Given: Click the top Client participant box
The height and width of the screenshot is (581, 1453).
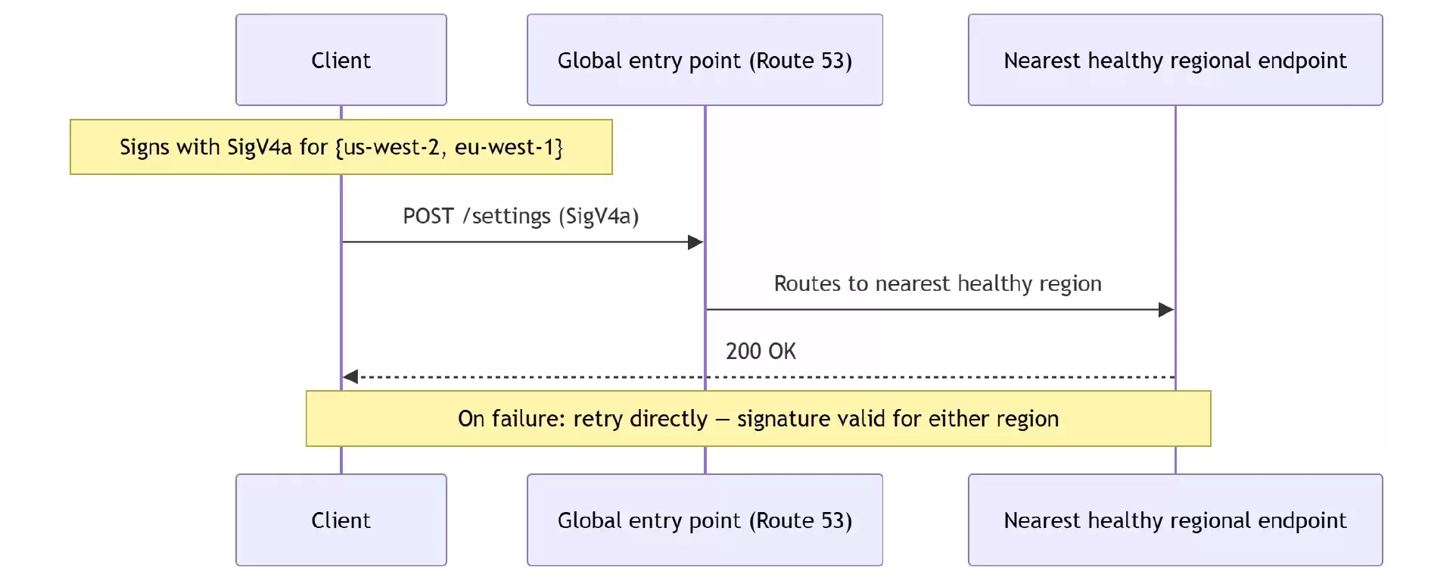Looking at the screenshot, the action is click(341, 60).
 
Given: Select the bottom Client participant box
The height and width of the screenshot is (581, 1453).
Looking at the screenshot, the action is click(341, 520).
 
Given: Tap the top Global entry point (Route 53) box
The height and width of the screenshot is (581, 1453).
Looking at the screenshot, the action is click(705, 60).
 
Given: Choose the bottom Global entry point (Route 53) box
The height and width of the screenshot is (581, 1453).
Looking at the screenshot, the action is click(705, 520).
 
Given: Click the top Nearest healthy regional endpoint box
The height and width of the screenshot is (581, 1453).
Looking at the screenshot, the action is click(1175, 60).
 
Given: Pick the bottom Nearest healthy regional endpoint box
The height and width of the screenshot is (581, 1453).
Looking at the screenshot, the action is click(1175, 520).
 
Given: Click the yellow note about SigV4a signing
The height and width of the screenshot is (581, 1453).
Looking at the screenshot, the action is click(341, 147).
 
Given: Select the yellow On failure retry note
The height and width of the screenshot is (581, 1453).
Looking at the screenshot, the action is click(758, 418).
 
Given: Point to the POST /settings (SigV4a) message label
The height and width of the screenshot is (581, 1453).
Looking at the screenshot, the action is click(521, 217).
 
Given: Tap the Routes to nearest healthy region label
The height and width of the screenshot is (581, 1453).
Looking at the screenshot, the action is click(938, 284).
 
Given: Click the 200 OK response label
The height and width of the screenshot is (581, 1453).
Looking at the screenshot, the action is click(761, 351).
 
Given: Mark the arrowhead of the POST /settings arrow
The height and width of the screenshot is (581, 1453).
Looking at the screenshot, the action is click(695, 242).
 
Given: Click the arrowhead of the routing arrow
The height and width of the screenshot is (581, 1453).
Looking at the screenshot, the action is click(1166, 310).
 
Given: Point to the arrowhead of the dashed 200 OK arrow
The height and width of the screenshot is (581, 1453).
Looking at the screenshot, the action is click(350, 376).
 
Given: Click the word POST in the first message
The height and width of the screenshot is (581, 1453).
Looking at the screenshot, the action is click(428, 217).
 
